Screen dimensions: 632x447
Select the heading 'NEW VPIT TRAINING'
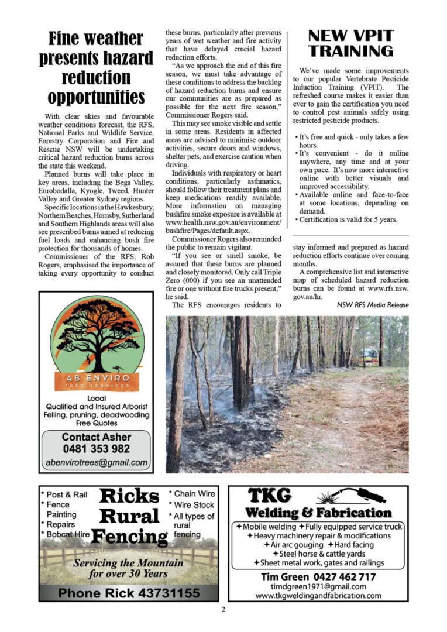350,43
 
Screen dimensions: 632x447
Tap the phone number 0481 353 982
96,449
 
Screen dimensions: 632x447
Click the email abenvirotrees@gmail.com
96,462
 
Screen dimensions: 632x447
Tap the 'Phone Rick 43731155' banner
129,592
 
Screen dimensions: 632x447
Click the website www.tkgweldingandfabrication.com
318,596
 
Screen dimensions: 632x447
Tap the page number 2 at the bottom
223,609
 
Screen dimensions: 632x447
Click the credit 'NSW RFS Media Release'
373,305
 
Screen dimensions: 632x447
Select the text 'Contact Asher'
96,437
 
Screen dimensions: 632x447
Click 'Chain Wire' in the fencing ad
192,494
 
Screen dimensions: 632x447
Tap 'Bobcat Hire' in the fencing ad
65,534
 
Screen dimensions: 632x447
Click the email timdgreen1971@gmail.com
318,586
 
